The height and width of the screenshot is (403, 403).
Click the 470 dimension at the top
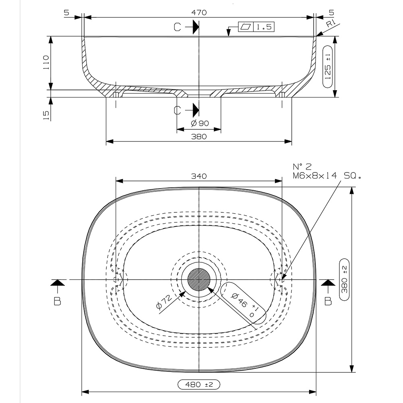coord(199,12)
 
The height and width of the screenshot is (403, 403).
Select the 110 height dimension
coord(46,63)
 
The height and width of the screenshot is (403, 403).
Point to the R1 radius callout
coord(331,24)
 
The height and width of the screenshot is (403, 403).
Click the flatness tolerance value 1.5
coord(263,27)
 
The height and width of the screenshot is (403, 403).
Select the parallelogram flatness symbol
coord(245,27)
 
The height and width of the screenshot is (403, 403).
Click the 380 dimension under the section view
coord(199,137)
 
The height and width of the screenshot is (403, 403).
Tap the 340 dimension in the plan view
coord(199,176)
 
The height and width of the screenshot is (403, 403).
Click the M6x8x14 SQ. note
coord(327,175)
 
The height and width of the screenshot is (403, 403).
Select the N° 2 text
coord(303,166)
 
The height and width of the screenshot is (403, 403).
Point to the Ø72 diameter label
coord(165,302)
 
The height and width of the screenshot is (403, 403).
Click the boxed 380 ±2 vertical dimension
coord(345,279)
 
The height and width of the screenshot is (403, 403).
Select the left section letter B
coord(57,301)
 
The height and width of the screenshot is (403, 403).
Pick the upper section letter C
coord(177,27)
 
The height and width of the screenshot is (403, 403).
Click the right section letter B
coord(328,301)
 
